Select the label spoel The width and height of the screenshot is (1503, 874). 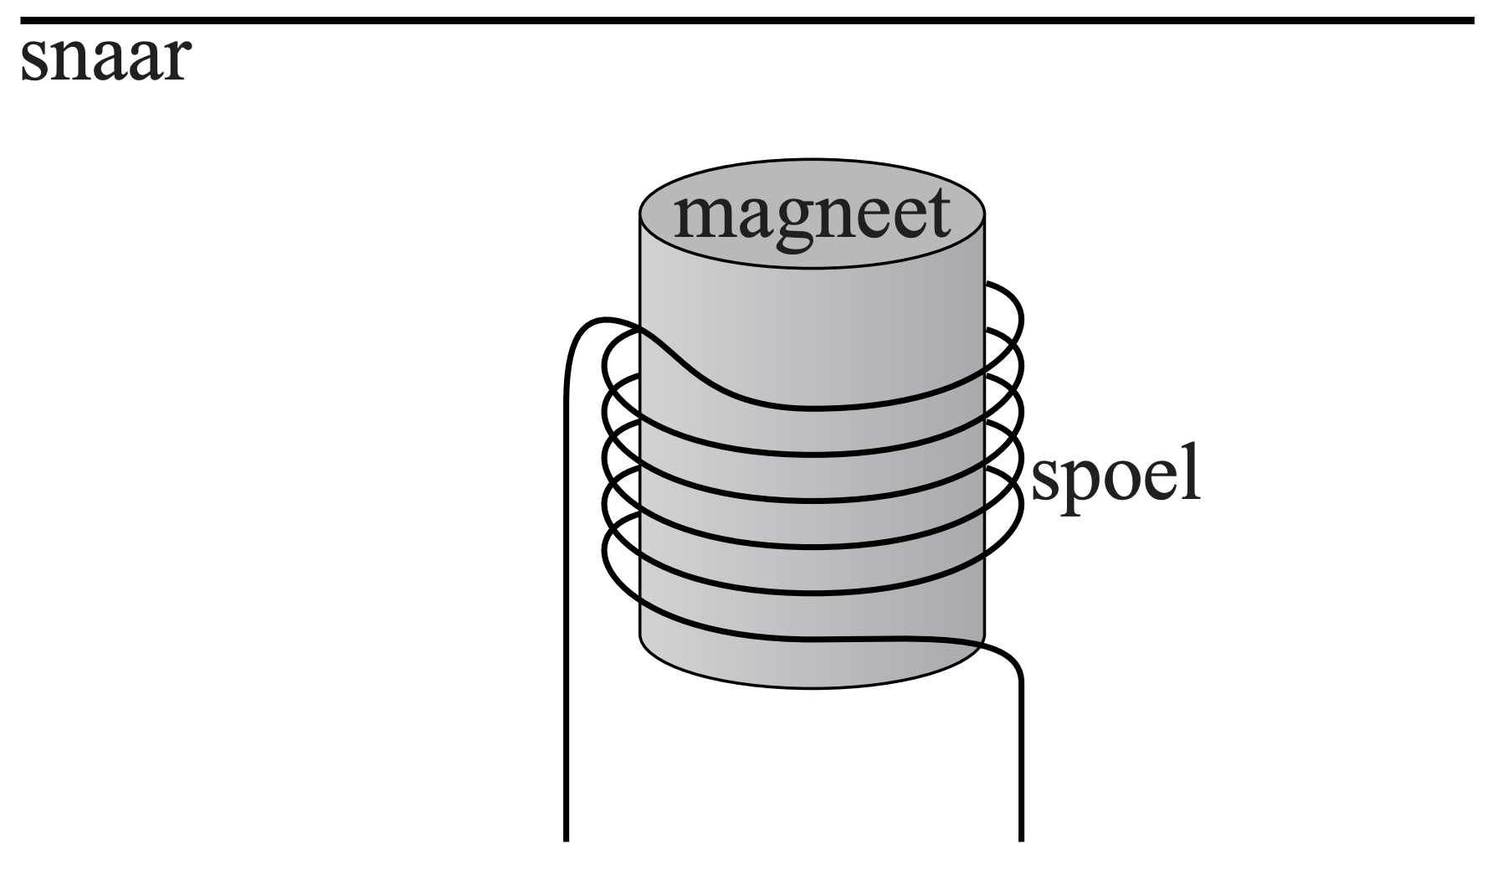(x=1115, y=479)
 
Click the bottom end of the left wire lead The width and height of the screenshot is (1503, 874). (x=567, y=837)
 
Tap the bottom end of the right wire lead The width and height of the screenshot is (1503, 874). (x=1021, y=837)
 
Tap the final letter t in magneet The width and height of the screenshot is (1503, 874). (x=937, y=214)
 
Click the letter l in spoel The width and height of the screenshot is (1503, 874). (x=1192, y=474)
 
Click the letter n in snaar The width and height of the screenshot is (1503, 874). (x=69, y=62)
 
